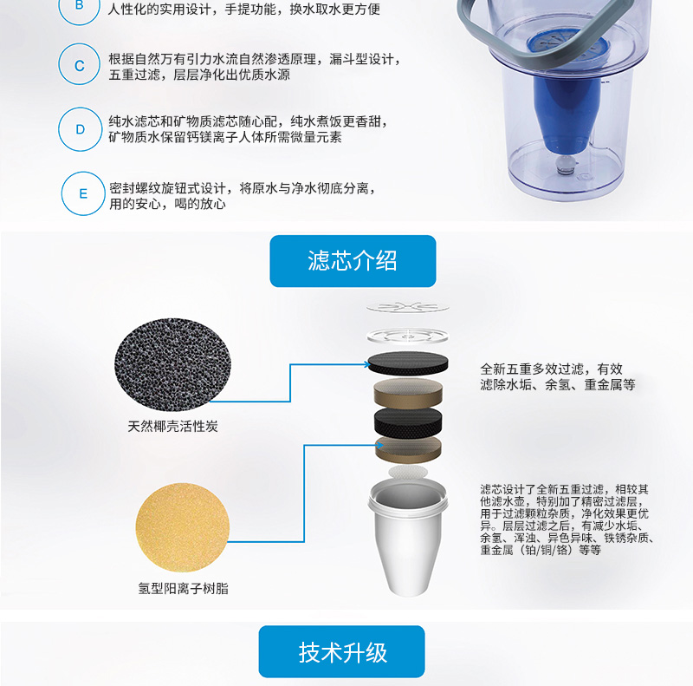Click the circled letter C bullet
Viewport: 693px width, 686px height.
pyautogui.click(x=79, y=64)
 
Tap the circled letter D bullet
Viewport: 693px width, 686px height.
pyautogui.click(x=80, y=129)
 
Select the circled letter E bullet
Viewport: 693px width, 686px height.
pyautogui.click(x=83, y=193)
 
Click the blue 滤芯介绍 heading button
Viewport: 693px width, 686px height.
pyautogui.click(x=353, y=261)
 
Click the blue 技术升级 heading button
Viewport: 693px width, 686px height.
pyautogui.click(x=341, y=651)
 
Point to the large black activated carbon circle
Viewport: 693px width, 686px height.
pyautogui.click(x=172, y=363)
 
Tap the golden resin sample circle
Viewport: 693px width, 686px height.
pyautogui.click(x=183, y=527)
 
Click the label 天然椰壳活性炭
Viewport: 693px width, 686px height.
pyautogui.click(x=172, y=426)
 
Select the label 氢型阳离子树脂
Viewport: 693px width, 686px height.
pyautogui.click(x=183, y=588)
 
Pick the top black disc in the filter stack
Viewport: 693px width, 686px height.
pyautogui.click(x=408, y=363)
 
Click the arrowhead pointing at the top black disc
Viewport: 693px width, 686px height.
pyautogui.click(x=366, y=364)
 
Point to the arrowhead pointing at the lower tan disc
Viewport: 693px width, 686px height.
pyautogui.click(x=380, y=445)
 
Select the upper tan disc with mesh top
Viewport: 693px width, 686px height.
pyautogui.click(x=408, y=393)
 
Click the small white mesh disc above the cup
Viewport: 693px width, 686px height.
pyautogui.click(x=408, y=472)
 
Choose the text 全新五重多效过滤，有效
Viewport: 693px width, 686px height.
pyautogui.click(x=551, y=369)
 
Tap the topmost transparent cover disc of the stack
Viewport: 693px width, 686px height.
pyautogui.click(x=407, y=306)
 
